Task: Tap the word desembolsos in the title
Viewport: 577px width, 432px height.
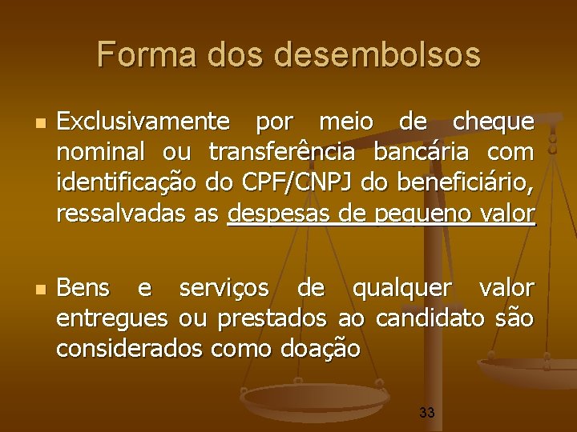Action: (377, 54)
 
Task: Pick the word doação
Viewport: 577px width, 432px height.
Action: (321, 350)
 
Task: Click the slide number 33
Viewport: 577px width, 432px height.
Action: (427, 413)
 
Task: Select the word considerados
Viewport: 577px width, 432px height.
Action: (130, 349)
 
